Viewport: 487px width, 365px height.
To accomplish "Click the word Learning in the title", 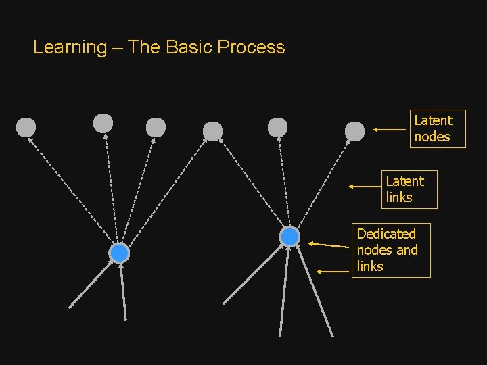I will pyautogui.click(x=70, y=47).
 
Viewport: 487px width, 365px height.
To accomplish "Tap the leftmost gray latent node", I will pyautogui.click(x=26, y=127).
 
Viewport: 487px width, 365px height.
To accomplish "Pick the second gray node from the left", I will pyautogui.click(x=103, y=123).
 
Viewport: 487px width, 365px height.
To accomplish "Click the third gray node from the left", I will pyautogui.click(x=156, y=127).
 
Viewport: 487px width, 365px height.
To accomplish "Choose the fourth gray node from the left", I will pyautogui.click(x=212, y=131).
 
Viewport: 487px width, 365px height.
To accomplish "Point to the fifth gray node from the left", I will pyautogui.click(x=277, y=127).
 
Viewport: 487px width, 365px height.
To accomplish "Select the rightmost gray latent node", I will pyautogui.click(x=354, y=131).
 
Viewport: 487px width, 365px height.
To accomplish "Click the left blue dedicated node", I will pyautogui.click(x=119, y=253).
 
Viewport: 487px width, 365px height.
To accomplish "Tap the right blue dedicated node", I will pyautogui.click(x=289, y=237).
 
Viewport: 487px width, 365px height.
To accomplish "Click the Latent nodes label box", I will pyautogui.click(x=437, y=128).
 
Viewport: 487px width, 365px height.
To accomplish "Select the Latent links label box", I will pyautogui.click(x=409, y=189).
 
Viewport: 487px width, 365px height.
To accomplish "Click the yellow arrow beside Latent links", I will pyautogui.click(x=365, y=186).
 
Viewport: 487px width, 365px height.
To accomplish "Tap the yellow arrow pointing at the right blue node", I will pyautogui.click(x=331, y=245).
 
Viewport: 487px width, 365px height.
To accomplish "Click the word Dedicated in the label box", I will pyautogui.click(x=386, y=234).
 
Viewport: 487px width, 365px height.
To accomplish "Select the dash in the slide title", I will pyautogui.click(x=117, y=47).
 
